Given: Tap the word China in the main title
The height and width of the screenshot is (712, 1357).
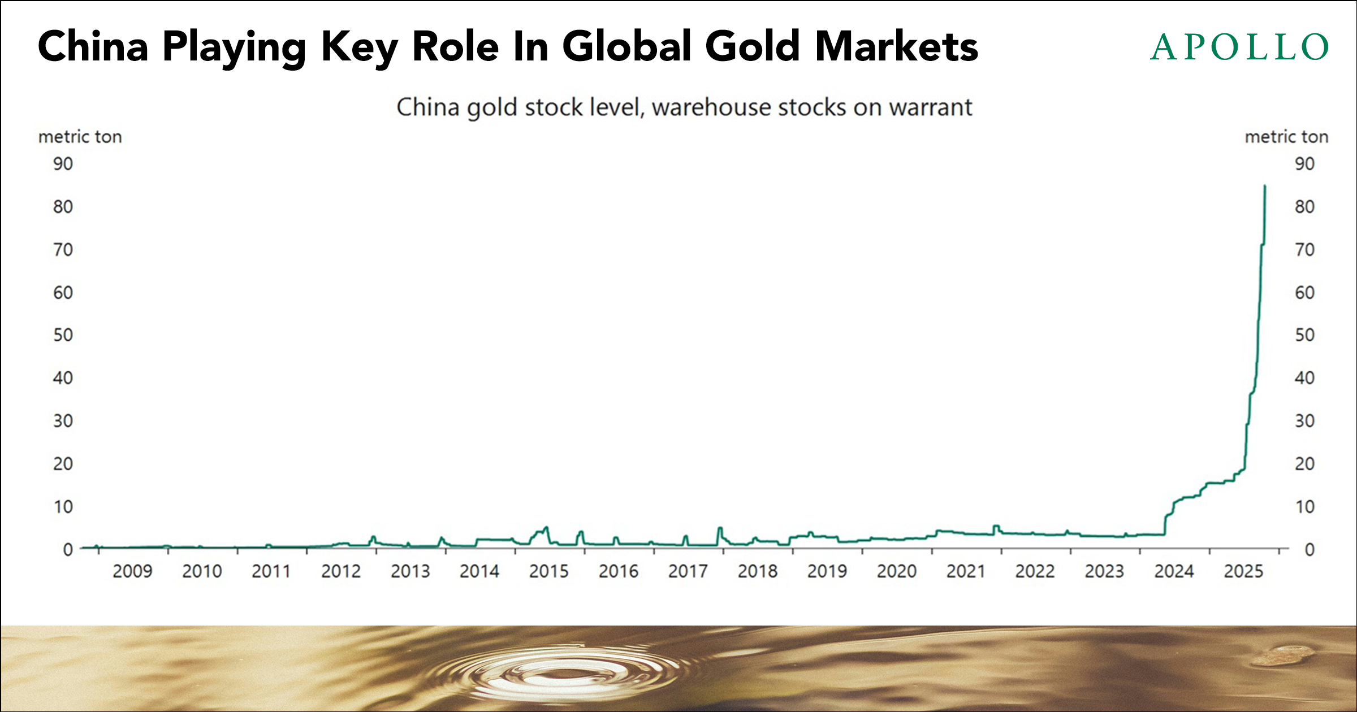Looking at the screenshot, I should pos(93,46).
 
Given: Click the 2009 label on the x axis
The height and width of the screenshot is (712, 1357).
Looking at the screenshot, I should pos(132,571).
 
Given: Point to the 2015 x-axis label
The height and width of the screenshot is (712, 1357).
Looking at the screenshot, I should pos(549,571).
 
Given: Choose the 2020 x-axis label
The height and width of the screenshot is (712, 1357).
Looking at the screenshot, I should pos(897,571).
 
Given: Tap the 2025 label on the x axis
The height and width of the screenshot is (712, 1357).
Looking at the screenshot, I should pos(1244,571).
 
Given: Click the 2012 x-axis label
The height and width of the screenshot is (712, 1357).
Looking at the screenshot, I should pos(341,571).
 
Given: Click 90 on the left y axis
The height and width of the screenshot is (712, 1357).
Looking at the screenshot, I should pos(63,164).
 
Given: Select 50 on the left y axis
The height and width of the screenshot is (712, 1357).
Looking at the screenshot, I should pos(63,335).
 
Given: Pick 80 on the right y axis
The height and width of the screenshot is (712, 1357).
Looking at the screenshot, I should pos(1305,207).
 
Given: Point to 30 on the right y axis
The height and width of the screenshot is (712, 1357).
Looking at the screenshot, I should pos(1305,421).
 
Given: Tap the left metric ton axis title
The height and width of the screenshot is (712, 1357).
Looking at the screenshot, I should pos(80,137).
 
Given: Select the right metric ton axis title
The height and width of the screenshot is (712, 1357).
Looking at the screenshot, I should pos(1286,137).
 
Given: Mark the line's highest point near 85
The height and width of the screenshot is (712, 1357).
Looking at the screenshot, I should pos(1265,186).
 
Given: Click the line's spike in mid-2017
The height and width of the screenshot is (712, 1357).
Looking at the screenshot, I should pos(720,528).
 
